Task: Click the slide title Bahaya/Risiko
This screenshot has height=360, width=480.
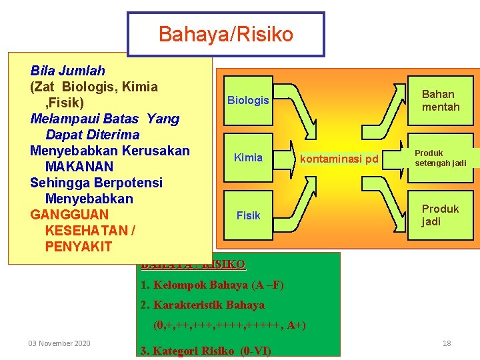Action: tap(225, 34)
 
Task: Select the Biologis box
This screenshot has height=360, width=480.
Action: tap(248, 101)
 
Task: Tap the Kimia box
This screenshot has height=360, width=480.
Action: tap(248, 158)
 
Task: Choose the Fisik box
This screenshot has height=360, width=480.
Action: tap(248, 215)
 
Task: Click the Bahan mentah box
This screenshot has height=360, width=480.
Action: tap(440, 101)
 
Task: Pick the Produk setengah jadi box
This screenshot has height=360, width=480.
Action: tap(440, 158)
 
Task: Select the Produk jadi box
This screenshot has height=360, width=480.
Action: tap(440, 215)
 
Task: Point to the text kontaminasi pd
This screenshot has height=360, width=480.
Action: tap(339, 159)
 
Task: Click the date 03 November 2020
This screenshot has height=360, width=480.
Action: tap(59, 343)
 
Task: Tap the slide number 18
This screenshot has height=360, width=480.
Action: tap(447, 343)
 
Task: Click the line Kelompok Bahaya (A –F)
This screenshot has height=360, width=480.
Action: tap(212, 285)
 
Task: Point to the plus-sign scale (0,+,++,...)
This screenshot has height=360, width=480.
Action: tap(229, 326)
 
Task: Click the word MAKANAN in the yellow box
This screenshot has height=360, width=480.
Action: tap(79, 167)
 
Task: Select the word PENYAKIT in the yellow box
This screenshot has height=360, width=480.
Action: tap(79, 247)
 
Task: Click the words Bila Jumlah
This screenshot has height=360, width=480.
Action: tap(68, 71)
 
